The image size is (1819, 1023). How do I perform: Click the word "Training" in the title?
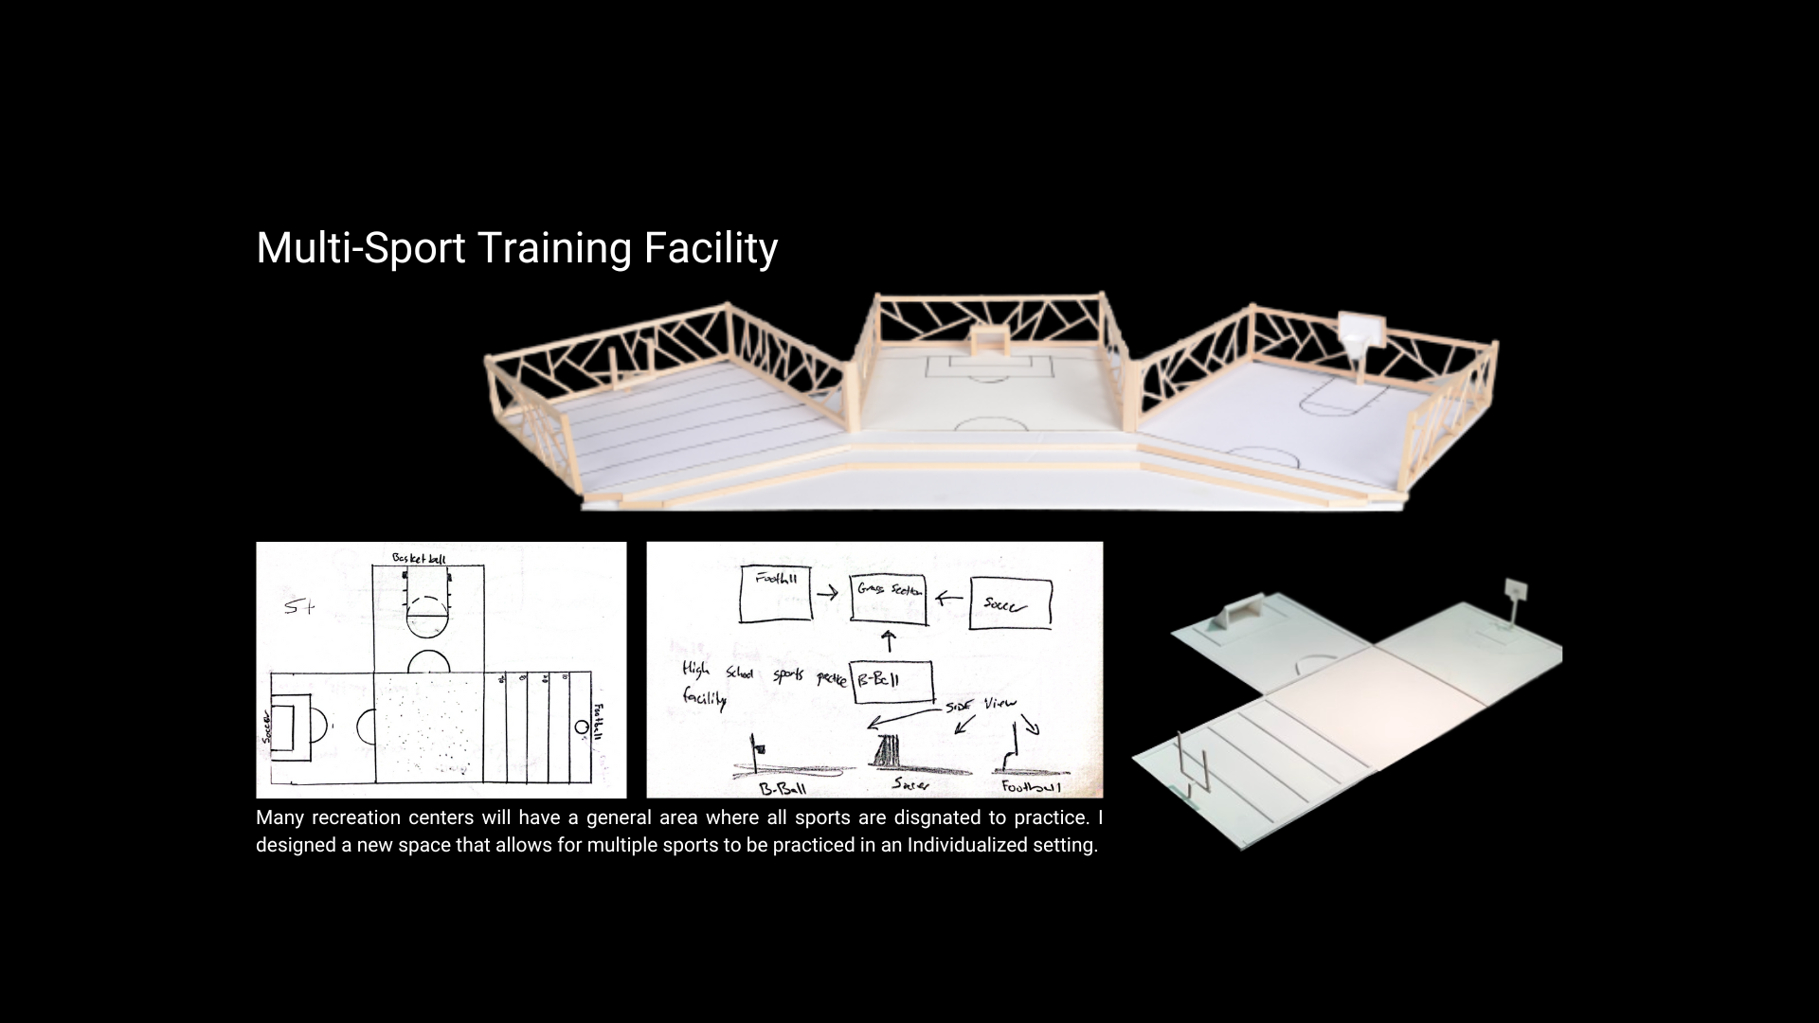pos(553,248)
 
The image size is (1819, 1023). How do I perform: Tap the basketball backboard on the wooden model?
pos(1362,331)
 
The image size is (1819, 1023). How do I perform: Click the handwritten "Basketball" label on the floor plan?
pos(419,559)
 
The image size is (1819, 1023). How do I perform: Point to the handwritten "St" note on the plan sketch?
pos(298,607)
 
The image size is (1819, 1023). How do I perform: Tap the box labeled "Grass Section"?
pos(888,599)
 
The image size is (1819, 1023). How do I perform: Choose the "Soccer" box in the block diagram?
pos(1010,602)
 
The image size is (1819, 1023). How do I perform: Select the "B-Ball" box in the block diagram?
pos(891,681)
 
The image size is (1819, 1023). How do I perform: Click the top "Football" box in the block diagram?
pos(776,593)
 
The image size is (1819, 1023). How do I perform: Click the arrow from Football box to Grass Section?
pos(827,593)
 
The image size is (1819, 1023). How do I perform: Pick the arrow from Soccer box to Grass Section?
pos(948,599)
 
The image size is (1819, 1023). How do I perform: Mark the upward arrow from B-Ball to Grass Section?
pos(889,641)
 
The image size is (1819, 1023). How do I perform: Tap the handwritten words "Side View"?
pos(981,705)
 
